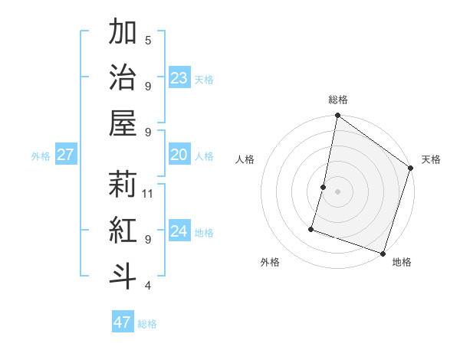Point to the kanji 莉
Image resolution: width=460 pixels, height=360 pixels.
click(x=123, y=184)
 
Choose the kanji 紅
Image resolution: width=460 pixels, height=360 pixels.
click(x=123, y=230)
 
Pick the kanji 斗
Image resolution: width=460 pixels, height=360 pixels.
click(x=123, y=276)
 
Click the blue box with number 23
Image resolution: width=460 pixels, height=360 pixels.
click(x=179, y=78)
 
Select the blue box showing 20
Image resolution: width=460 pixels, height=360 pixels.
click(x=179, y=155)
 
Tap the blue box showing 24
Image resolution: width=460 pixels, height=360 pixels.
click(x=179, y=231)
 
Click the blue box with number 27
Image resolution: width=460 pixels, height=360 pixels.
click(x=65, y=155)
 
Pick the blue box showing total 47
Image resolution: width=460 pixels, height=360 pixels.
click(x=122, y=322)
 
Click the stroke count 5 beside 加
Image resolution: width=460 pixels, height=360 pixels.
click(x=148, y=41)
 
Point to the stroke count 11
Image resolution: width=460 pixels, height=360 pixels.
click(x=148, y=193)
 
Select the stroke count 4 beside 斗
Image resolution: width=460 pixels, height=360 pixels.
click(x=148, y=286)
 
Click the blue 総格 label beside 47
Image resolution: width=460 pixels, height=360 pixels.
click(x=147, y=324)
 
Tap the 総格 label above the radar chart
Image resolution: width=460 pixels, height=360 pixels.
click(x=337, y=100)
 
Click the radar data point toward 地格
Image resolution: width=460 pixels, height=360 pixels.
click(x=382, y=252)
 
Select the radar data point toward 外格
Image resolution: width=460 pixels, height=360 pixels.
click(x=312, y=228)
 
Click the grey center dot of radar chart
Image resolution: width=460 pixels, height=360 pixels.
click(x=337, y=191)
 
